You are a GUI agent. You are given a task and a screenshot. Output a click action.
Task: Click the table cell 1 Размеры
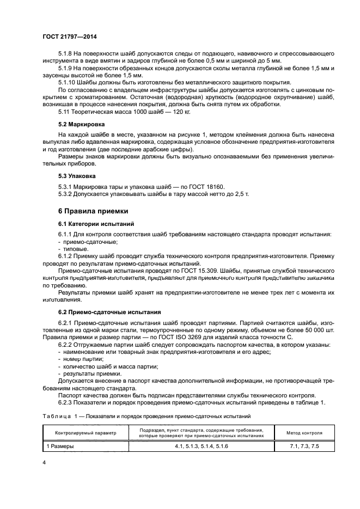60,446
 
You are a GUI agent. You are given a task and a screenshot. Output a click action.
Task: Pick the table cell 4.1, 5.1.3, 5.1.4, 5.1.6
202,446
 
